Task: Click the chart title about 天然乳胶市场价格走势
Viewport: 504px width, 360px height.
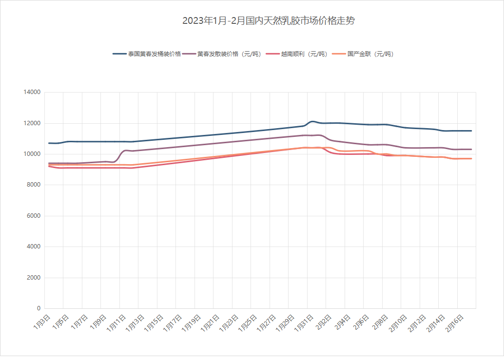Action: coord(269,21)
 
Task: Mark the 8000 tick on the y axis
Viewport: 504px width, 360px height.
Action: coord(33,185)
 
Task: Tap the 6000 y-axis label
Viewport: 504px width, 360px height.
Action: coord(33,216)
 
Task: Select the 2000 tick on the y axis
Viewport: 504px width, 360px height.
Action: coord(33,278)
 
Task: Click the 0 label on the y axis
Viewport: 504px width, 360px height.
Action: coord(39,308)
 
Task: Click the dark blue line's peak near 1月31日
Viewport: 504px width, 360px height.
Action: coord(312,121)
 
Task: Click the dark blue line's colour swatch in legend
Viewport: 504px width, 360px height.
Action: coord(119,54)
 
